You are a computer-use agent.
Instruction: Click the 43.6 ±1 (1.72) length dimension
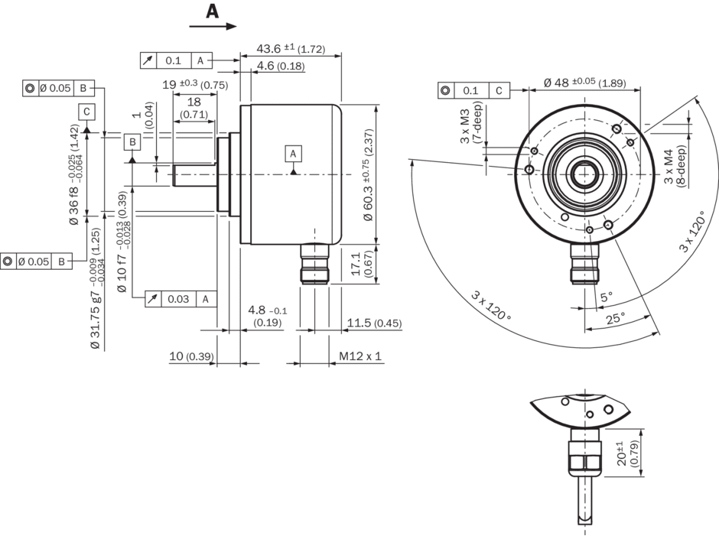(x=290, y=49)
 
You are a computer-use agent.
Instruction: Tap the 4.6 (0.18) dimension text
(x=281, y=66)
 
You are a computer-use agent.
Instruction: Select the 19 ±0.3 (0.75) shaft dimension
(x=195, y=85)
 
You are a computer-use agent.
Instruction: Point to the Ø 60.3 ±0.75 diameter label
(x=366, y=186)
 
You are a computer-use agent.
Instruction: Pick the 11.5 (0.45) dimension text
(x=373, y=323)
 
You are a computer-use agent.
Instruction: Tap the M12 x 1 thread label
(x=359, y=357)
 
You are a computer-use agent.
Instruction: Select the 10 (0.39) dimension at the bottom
(x=191, y=357)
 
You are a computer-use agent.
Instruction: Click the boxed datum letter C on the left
(x=87, y=112)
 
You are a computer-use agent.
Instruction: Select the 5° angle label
(x=606, y=295)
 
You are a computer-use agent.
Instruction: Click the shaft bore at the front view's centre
(x=586, y=174)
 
